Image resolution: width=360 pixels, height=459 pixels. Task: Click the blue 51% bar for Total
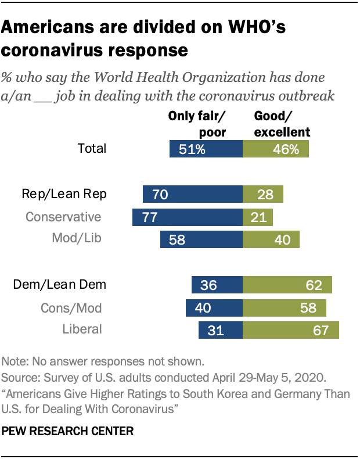pyautogui.click(x=206, y=149)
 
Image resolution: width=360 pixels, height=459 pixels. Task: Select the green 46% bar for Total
pyautogui.click(x=276, y=149)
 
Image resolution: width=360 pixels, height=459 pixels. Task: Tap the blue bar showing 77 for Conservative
pyautogui.click(x=187, y=217)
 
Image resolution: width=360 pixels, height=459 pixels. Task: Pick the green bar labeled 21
pyautogui.click(x=257, y=217)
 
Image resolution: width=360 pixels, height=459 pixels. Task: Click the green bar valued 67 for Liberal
pyautogui.click(x=291, y=330)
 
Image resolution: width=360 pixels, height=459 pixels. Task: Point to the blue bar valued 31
pyautogui.click(x=221, y=330)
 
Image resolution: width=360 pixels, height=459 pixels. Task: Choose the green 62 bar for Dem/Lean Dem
pyautogui.click(x=287, y=285)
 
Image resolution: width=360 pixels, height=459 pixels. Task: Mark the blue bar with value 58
pyautogui.click(x=201, y=239)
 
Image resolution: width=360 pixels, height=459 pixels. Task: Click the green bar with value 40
pyautogui.click(x=271, y=239)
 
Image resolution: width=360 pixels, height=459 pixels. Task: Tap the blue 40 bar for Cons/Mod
pyautogui.click(x=214, y=307)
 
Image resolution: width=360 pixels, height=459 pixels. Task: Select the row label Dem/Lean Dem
pyautogui.click(x=60, y=284)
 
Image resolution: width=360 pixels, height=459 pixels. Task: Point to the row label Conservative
pyautogui.click(x=63, y=217)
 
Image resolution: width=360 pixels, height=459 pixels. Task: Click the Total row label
pyautogui.click(x=92, y=148)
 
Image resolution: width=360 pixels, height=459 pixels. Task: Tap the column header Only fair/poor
pyautogui.click(x=197, y=124)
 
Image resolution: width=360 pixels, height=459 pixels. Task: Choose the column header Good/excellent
pyautogui.click(x=282, y=124)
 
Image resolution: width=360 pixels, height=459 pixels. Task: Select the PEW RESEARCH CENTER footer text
pyautogui.click(x=68, y=431)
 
